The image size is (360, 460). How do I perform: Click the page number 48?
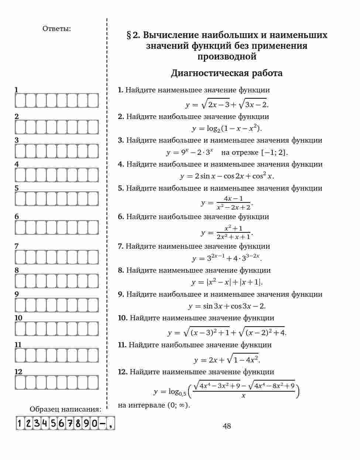click(227, 426)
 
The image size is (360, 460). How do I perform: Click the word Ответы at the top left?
click(56, 28)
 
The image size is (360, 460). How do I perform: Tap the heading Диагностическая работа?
click(226, 73)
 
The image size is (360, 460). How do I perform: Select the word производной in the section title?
click(226, 57)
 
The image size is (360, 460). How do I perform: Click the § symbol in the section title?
click(129, 35)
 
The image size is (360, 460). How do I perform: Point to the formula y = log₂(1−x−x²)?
click(227, 128)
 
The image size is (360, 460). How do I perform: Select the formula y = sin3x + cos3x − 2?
click(227, 306)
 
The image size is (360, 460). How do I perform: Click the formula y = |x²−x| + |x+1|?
click(227, 282)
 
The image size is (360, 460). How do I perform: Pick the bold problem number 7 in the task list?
click(120, 246)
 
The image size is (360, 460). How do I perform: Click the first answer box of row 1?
click(20, 100)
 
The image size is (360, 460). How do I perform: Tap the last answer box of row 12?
click(93, 382)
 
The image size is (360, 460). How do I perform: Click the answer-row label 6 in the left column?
click(17, 217)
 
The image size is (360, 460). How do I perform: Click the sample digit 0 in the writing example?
click(94, 423)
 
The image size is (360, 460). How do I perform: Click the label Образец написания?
click(65, 409)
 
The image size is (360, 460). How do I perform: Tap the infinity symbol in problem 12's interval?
click(182, 405)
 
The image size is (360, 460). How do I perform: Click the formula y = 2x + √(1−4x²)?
click(227, 360)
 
